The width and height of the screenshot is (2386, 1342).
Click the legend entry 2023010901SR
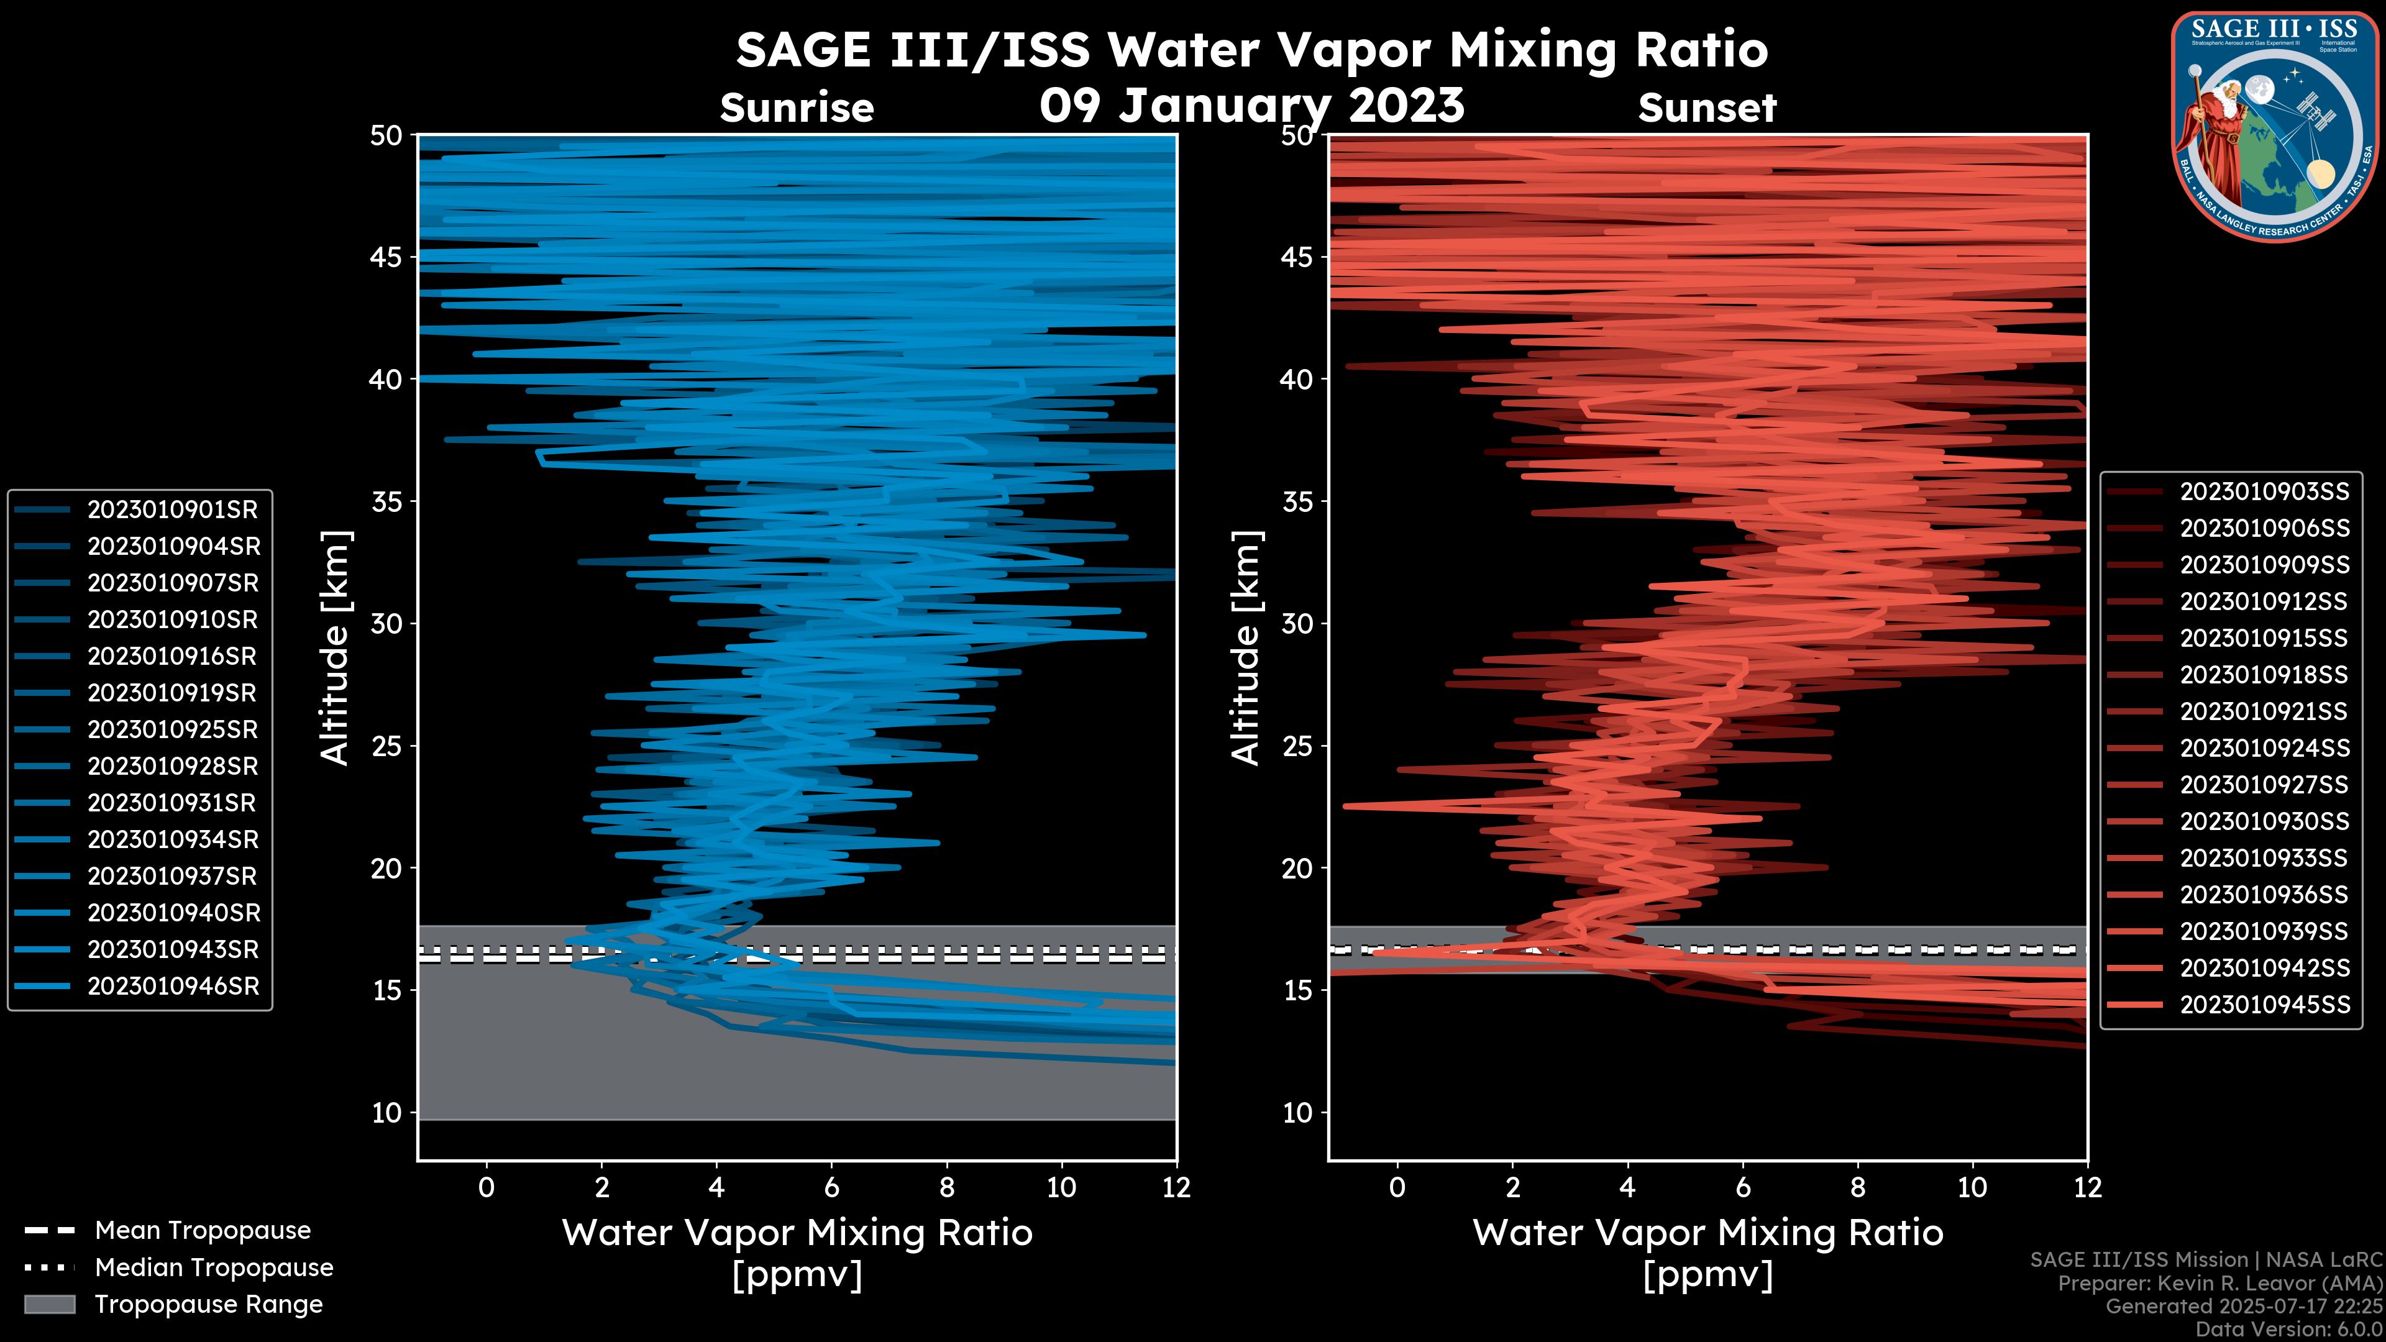coord(172,509)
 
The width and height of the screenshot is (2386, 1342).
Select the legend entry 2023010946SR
coord(172,987)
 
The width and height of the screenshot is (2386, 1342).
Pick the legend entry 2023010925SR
coord(172,730)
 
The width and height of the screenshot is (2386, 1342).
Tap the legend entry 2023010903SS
coord(2264,492)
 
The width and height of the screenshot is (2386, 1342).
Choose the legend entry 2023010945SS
coord(2264,1005)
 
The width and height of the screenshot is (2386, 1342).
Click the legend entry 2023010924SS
coord(2264,748)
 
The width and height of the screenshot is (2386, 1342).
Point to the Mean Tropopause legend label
coord(202,1231)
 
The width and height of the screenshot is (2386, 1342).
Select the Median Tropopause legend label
coord(213,1268)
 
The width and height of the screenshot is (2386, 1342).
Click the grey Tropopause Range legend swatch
coord(49,1305)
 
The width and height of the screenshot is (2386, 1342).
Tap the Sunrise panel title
coord(797,108)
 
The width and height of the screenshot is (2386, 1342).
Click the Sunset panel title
coord(1706,108)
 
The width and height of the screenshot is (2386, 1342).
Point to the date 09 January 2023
coord(1251,104)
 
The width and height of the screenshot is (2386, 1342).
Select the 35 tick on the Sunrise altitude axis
coord(386,502)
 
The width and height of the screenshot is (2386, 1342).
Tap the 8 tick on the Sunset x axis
coord(1857,1187)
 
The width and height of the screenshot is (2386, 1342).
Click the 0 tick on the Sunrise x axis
coord(487,1187)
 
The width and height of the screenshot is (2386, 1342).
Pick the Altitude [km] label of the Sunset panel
coord(1246,647)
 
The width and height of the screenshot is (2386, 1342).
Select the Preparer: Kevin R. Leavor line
coord(2219,1284)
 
